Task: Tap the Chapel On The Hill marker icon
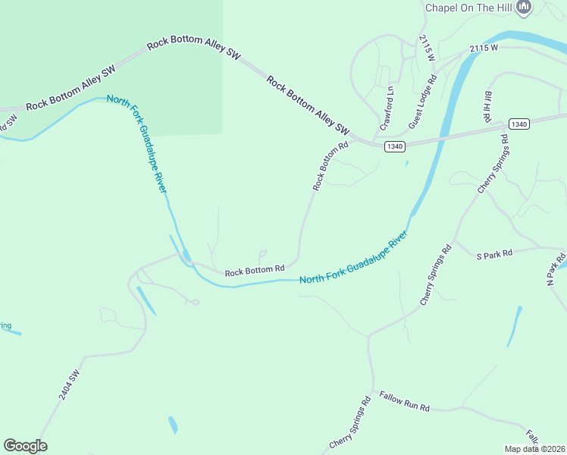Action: click(x=523, y=7)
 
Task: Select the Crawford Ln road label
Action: click(x=388, y=107)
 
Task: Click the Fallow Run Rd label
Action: click(x=404, y=402)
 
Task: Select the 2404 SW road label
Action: click(x=69, y=385)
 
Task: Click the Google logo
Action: click(x=25, y=446)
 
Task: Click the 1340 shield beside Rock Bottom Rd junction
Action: click(x=393, y=146)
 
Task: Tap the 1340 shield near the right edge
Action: click(x=519, y=124)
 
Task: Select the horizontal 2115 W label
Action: click(x=483, y=48)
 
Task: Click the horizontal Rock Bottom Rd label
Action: click(x=254, y=269)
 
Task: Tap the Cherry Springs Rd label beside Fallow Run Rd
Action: click(x=349, y=422)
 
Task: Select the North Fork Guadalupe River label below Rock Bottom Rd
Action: click(x=353, y=259)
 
